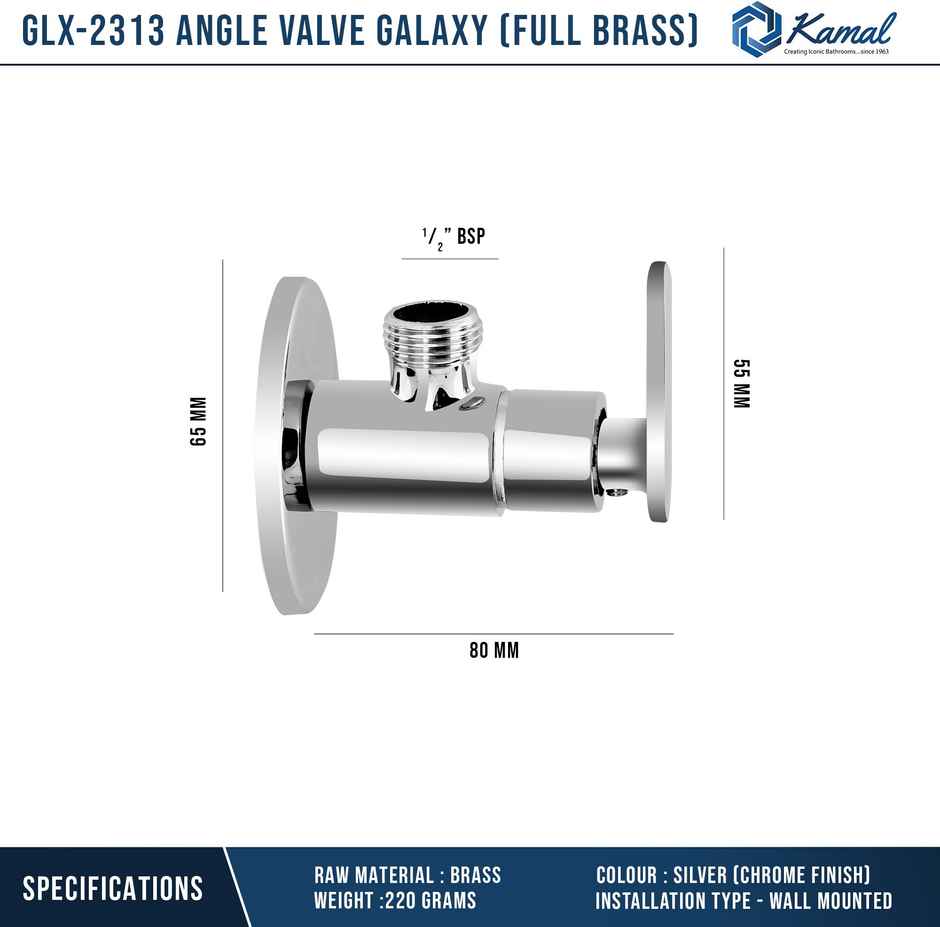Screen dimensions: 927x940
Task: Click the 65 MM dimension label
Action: pos(198,421)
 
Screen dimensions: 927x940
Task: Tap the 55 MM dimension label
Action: pos(740,383)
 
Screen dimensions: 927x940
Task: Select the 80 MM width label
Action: pos(494,651)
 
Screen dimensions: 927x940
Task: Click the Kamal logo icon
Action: pos(755,29)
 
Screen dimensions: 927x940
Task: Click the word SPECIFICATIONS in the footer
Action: pos(112,888)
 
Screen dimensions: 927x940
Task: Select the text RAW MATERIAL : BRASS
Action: pos(407,875)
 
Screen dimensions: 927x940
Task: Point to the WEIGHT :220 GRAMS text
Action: pos(395,901)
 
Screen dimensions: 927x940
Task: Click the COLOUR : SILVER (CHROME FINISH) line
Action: pos(733,875)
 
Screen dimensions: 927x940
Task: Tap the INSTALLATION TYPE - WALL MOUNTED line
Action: pos(743,901)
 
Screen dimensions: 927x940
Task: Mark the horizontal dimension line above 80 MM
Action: pos(494,633)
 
